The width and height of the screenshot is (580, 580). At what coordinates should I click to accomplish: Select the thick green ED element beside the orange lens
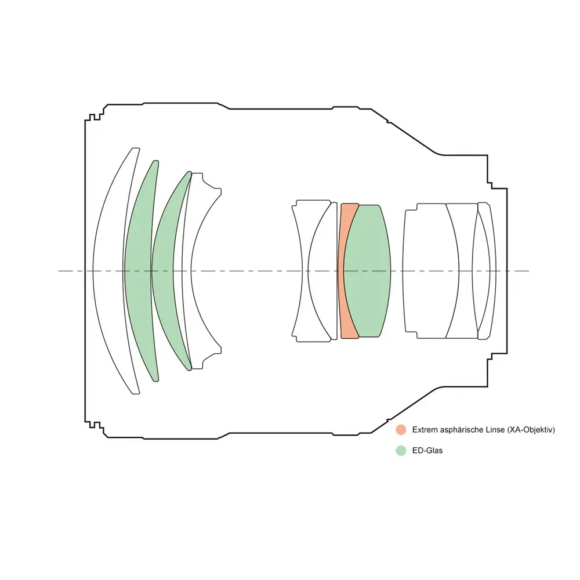(367, 271)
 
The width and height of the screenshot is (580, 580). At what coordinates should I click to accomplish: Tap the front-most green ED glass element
(139, 271)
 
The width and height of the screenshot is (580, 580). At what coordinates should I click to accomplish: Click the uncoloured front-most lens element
(107, 271)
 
